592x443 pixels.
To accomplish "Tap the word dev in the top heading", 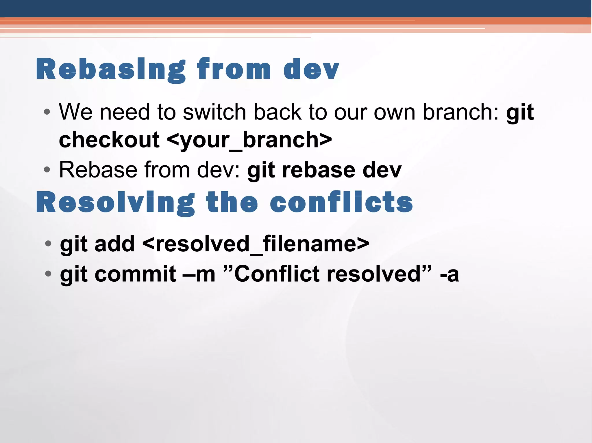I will point(311,69).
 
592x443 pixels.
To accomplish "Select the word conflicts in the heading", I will point(341,203).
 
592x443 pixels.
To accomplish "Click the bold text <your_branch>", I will point(249,140).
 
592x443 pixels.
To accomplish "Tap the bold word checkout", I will point(109,140).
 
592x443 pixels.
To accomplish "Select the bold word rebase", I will point(319,170).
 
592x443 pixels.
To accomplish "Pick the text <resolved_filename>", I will point(256,244).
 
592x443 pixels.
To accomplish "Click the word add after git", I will point(114,244).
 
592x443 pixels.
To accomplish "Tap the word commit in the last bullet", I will point(135,274).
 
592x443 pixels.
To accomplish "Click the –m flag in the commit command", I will point(199,274).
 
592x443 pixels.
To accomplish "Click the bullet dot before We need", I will point(47,112).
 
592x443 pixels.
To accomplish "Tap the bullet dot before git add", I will point(48,244).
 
